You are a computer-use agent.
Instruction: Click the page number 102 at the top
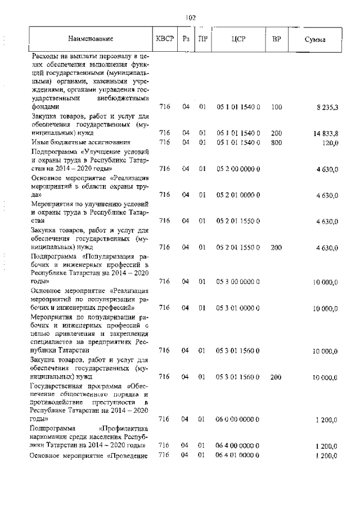click(190, 17)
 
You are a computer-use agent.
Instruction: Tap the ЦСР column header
click(237, 39)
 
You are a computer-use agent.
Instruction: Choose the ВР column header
click(276, 39)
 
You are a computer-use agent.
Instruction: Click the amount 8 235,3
click(327, 106)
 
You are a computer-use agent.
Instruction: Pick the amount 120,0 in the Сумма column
click(329, 142)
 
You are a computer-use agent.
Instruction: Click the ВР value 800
click(276, 142)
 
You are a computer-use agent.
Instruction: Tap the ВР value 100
click(276, 106)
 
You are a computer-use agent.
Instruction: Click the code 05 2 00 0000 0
click(237, 168)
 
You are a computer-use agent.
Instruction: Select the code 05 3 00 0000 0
click(237, 281)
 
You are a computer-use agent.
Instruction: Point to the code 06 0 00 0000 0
click(237, 419)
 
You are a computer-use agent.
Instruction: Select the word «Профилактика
click(123, 427)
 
